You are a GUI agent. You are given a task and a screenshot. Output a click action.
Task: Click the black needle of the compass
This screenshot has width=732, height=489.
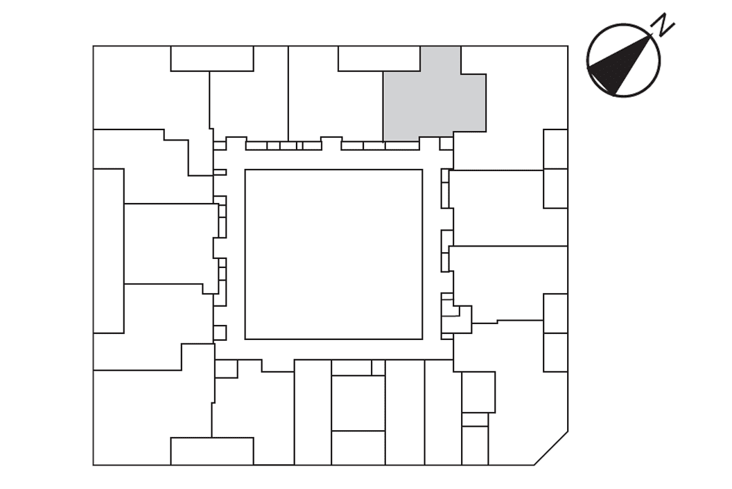[x=618, y=65]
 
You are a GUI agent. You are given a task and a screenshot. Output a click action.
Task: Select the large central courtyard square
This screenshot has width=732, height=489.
[x=334, y=254]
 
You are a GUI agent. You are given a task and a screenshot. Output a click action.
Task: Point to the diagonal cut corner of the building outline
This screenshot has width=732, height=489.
[x=551, y=448]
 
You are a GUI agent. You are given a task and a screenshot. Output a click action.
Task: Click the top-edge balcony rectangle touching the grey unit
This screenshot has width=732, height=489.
[x=379, y=58]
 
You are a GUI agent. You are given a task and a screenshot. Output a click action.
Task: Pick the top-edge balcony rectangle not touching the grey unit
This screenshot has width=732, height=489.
[x=212, y=58]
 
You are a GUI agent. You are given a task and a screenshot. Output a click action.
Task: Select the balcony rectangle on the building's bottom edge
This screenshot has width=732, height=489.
[x=212, y=451]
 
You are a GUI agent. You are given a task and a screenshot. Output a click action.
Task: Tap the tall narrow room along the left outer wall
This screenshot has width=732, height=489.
[x=108, y=251]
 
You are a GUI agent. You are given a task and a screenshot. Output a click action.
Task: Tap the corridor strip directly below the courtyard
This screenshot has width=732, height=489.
[x=334, y=350]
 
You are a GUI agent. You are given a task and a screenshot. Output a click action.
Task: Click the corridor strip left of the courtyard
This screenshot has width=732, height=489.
[x=236, y=254]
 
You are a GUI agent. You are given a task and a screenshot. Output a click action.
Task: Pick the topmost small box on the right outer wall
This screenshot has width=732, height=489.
[x=555, y=149]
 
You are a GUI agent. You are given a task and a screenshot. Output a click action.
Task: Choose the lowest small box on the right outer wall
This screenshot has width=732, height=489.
[x=555, y=353]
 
